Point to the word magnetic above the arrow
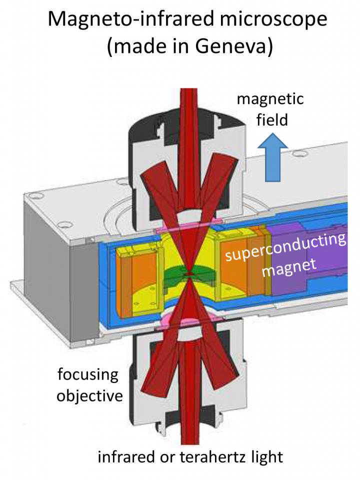click(270, 98)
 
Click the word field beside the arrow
click(270, 120)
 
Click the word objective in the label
click(89, 396)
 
